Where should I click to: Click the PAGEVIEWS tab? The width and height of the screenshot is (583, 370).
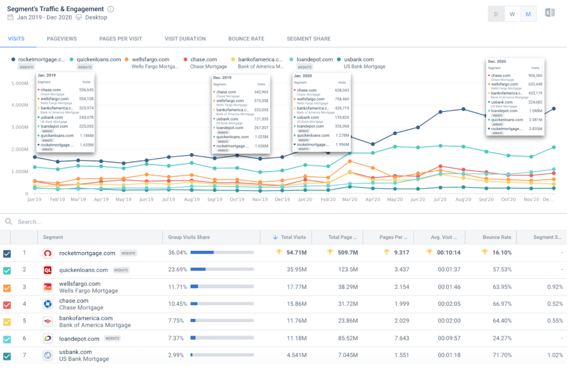pos(62,39)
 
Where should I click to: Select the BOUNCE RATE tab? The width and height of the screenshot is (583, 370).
pos(246,39)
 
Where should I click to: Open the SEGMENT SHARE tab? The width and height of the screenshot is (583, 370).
pos(308,39)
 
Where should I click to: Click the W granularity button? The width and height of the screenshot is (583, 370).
pos(512,14)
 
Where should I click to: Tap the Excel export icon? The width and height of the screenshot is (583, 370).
pos(550,13)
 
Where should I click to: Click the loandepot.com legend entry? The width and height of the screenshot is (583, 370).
pos(314,60)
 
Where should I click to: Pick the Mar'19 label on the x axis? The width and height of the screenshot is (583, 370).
pos(78,199)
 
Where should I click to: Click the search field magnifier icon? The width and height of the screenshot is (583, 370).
pos(9,222)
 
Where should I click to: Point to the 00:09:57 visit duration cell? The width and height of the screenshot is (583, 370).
pos(449,339)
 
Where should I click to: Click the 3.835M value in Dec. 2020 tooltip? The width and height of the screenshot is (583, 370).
pos(535,129)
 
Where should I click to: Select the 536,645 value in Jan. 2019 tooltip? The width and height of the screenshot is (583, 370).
pos(86,90)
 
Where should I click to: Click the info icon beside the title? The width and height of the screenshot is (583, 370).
pos(111,9)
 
